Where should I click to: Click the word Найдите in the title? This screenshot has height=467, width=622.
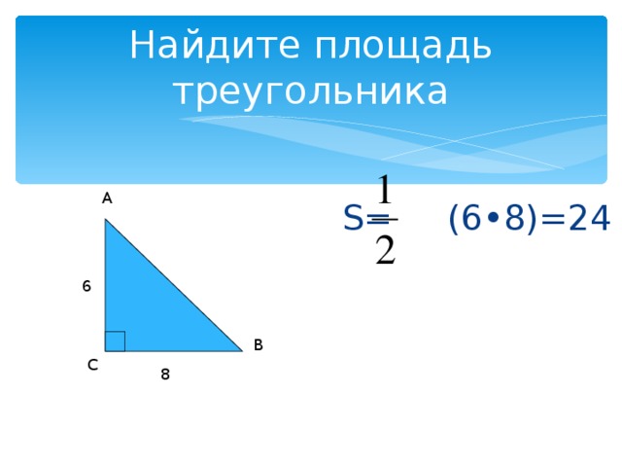click(x=201, y=45)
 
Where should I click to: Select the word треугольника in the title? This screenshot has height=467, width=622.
click(x=310, y=92)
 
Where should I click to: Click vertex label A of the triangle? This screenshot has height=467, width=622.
click(x=107, y=198)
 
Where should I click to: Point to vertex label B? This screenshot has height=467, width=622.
click(x=258, y=344)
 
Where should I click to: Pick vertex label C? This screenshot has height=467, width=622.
click(x=91, y=365)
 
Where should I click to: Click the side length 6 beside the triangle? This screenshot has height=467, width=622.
click(x=86, y=286)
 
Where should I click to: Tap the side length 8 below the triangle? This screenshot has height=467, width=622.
click(x=165, y=374)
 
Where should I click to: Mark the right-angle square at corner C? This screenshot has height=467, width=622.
click(x=115, y=341)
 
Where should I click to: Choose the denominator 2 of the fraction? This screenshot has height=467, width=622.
click(x=385, y=250)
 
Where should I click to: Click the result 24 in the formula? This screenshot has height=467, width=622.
click(x=589, y=220)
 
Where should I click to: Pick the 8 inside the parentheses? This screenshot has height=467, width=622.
click(x=515, y=220)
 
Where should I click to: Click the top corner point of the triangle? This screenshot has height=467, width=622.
click(x=106, y=220)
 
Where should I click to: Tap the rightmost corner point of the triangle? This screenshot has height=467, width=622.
click(x=242, y=350)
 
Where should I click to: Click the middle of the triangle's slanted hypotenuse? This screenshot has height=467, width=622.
click(x=174, y=285)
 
